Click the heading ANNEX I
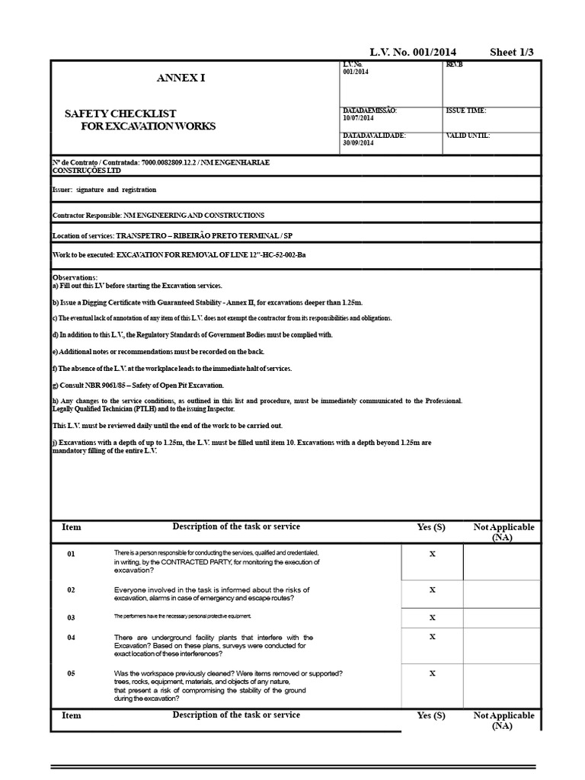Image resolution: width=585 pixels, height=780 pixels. coord(181,78)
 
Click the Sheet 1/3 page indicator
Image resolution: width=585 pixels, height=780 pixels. coord(511,52)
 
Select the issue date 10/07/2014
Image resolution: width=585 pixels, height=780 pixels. coord(359,118)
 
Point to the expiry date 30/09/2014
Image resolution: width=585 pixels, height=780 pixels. coord(359,142)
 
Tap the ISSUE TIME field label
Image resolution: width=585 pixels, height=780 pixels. coord(465,110)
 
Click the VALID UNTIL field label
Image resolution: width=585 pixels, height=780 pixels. coord(468,136)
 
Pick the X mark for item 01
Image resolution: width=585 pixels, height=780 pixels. coord(432,554)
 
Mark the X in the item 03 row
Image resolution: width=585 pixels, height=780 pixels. coord(432,617)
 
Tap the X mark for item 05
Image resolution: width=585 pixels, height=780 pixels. coord(432,673)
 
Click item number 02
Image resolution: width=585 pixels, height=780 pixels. coord(71,590)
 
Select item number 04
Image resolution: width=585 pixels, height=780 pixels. coord(71,637)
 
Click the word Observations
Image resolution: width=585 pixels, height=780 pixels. coord(75,277)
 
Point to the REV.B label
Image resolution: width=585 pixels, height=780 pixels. coord(453,65)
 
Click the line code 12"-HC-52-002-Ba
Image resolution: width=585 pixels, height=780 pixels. coord(272,254)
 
